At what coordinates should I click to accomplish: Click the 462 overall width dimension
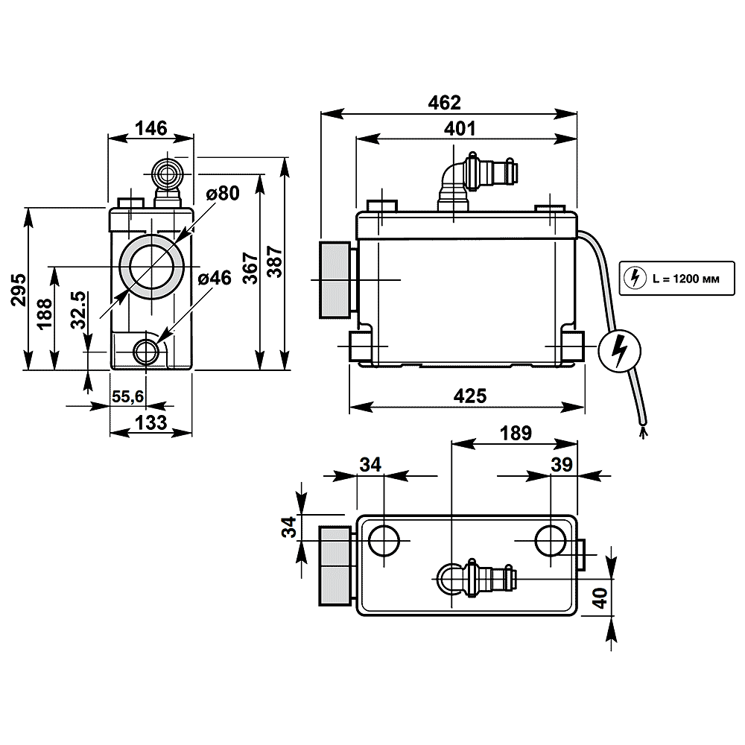tap(444, 103)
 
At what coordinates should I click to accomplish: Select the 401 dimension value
tap(460, 128)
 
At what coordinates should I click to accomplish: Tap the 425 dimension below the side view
tap(470, 396)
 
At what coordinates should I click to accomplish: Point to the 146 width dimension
tap(151, 128)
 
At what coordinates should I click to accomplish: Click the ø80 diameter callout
tap(222, 194)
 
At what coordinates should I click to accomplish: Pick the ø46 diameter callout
tap(215, 278)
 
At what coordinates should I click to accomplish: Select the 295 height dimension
tap(19, 289)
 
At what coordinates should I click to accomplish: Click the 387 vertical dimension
tap(275, 261)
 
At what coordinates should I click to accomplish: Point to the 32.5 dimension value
tap(79, 310)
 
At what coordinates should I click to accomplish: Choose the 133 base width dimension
tap(151, 422)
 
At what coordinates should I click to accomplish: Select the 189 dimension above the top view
tap(516, 434)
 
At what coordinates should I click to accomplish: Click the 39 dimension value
tap(562, 464)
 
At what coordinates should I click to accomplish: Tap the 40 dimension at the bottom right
tap(600, 597)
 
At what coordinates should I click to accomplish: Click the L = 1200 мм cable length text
tap(685, 279)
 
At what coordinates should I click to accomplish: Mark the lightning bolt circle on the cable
tap(619, 351)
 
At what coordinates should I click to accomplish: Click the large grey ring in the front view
tap(151, 267)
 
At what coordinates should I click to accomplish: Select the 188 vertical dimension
tap(45, 314)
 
